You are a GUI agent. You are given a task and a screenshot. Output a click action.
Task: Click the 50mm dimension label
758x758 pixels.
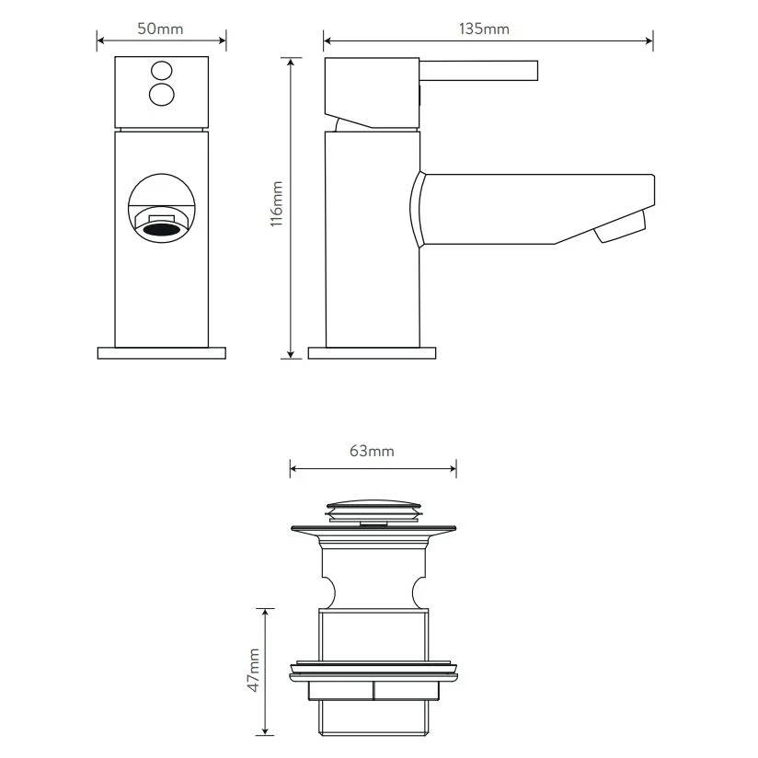click(x=160, y=29)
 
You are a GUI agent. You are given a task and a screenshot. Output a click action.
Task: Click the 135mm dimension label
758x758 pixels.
click(x=484, y=29)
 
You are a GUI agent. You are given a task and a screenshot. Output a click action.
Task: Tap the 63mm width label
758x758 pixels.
click(x=372, y=451)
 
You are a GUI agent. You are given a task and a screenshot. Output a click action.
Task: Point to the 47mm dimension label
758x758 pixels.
click(x=254, y=671)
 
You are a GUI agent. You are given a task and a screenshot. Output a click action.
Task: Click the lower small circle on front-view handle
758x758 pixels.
click(x=161, y=94)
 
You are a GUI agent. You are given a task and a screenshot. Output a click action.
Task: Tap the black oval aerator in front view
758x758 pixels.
click(x=161, y=225)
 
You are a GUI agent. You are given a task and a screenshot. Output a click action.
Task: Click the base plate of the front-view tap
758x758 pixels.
click(x=161, y=352)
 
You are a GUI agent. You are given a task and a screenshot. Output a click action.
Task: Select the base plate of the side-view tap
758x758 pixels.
click(x=372, y=352)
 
